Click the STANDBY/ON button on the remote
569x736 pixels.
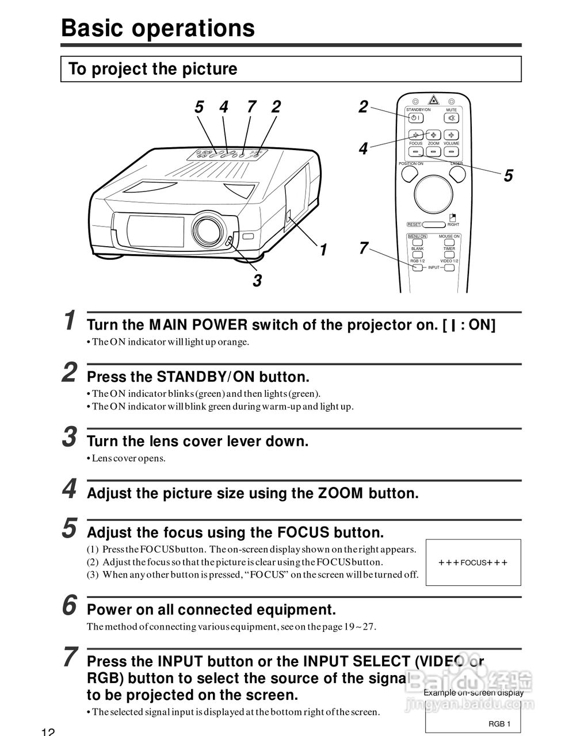tap(415, 118)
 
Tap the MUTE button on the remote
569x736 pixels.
tap(451, 118)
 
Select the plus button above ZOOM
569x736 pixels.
tap(433, 135)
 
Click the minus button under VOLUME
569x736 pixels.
tap(452, 152)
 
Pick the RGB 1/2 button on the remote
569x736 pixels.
tap(417, 267)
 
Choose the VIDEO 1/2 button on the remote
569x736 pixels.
tap(449, 267)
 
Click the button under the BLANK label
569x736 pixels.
tap(417, 255)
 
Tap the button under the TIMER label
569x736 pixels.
tap(449, 255)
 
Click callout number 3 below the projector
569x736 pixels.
tap(257, 281)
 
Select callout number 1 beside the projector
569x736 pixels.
tap(323, 250)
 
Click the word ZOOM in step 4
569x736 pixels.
tap(341, 493)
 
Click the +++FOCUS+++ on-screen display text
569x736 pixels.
tap(473, 563)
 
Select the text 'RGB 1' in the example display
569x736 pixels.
tap(499, 724)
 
